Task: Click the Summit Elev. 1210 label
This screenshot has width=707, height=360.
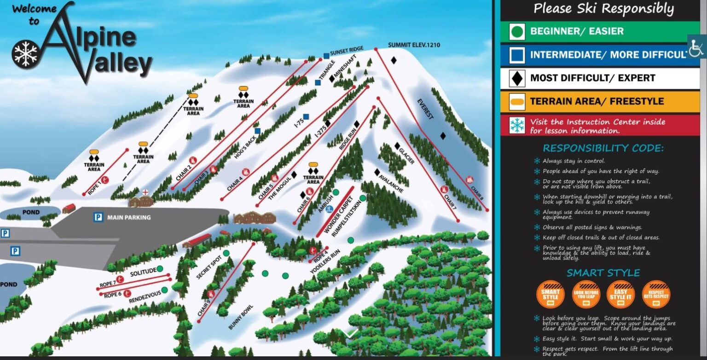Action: [414, 45]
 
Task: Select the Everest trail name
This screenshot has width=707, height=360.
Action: [425, 109]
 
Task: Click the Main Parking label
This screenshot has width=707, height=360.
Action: [128, 217]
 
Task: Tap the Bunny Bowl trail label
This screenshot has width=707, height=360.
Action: [241, 317]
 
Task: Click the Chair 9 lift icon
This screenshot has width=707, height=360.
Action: [211, 294]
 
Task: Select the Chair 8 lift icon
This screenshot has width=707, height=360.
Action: [469, 180]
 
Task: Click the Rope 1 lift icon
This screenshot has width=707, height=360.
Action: [105, 180]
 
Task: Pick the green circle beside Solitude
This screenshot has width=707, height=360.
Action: [160, 269]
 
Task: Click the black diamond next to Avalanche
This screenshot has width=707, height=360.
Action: [377, 172]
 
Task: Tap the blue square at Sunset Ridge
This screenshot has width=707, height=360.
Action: [326, 56]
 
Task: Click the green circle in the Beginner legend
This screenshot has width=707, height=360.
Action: [517, 32]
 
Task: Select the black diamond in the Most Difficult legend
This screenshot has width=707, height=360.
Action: [517, 78]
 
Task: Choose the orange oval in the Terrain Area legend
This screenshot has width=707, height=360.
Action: [517, 102]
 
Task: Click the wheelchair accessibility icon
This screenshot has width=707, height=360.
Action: [696, 46]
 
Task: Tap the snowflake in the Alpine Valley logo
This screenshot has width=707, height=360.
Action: [25, 53]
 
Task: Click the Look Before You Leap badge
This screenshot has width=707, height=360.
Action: [586, 294]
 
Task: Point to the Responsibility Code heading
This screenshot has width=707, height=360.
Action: [603, 148]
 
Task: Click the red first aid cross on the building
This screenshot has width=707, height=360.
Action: [145, 192]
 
